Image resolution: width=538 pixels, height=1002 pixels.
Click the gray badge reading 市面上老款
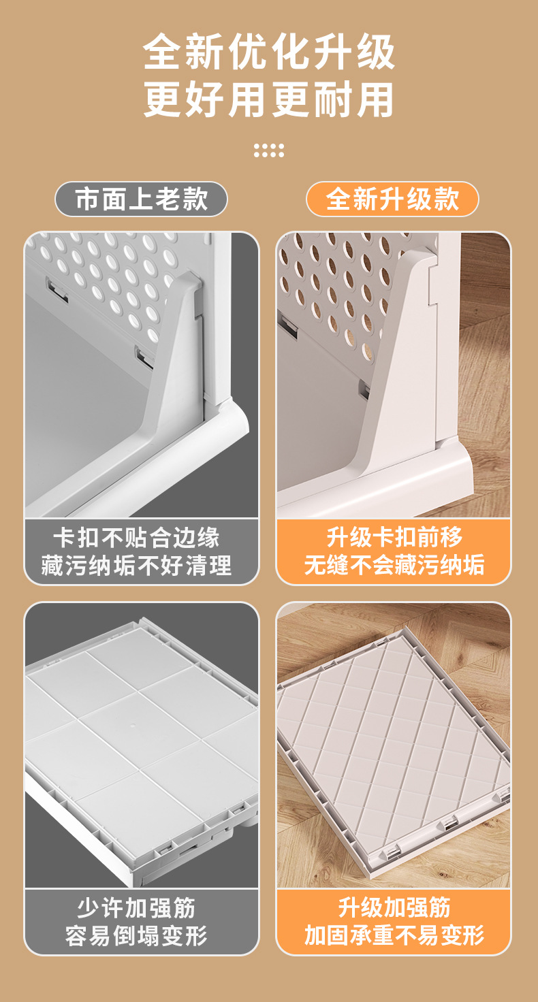tap(141, 199)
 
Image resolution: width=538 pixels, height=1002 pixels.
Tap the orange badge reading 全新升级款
tap(392, 199)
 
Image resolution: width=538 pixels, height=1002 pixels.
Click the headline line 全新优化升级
tap(269, 52)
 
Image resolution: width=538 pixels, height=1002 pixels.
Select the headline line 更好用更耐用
tap(269, 100)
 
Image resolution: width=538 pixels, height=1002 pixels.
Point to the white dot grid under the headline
tap(269, 150)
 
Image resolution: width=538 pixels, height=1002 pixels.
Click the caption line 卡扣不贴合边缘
tap(136, 538)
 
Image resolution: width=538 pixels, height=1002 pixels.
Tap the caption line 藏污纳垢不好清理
tap(136, 564)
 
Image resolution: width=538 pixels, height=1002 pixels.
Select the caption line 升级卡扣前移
tap(394, 537)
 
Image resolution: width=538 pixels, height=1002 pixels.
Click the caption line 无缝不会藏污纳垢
tap(394, 564)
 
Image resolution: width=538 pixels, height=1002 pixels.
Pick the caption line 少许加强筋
tap(136, 908)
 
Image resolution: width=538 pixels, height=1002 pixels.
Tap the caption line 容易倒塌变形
tap(136, 935)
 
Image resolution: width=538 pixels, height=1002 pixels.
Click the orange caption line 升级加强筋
tap(394, 907)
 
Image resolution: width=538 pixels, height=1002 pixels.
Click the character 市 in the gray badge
tap(87, 199)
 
